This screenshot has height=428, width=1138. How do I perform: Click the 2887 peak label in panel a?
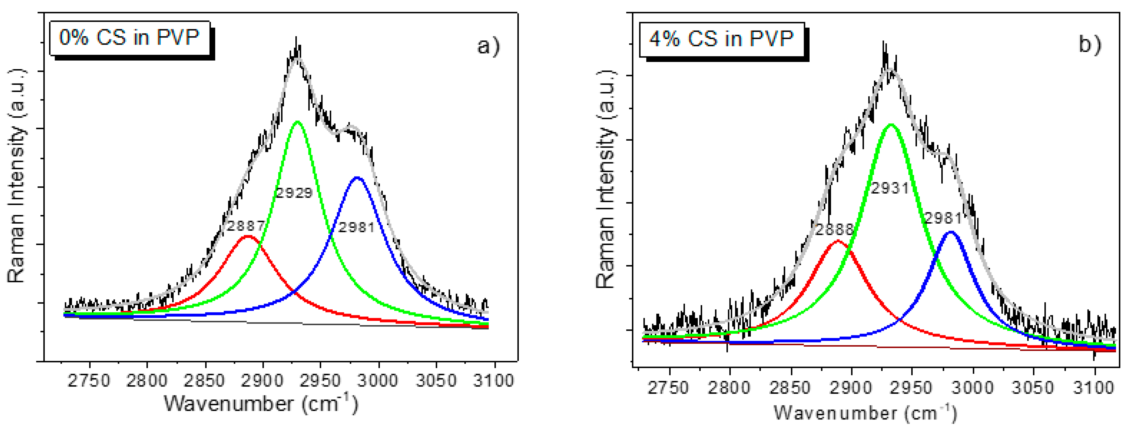[246, 226]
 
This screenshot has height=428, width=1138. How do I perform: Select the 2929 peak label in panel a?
[294, 193]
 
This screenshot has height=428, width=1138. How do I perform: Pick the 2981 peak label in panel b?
[943, 218]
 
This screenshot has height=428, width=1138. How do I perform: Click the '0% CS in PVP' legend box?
[129, 38]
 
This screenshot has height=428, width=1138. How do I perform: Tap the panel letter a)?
[489, 46]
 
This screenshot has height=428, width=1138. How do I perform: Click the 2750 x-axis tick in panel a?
[89, 380]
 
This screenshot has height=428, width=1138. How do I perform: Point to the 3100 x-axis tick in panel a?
[493, 380]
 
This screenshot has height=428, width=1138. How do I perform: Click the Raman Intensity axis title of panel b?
[606, 179]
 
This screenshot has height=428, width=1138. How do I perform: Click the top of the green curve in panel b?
[891, 125]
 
